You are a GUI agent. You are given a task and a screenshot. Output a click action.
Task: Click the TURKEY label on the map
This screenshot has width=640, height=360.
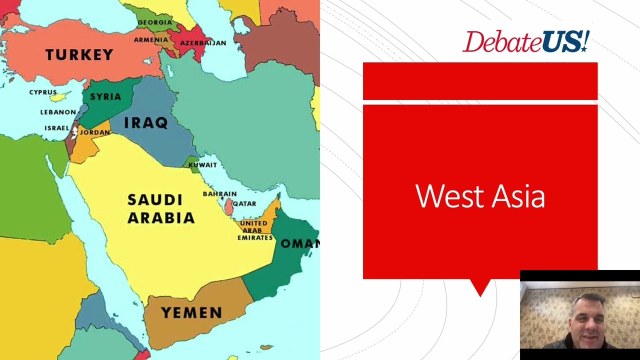click(79, 54)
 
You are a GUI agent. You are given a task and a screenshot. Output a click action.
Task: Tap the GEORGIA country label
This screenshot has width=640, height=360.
click(154, 22)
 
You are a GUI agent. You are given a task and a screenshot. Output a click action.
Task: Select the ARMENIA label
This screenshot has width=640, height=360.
click(150, 40)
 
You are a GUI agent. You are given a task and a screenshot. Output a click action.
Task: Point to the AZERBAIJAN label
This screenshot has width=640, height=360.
click(203, 43)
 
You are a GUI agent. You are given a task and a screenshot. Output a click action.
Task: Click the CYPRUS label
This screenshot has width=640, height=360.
click(42, 92)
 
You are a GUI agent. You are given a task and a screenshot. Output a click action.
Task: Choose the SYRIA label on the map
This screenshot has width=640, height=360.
click(105, 96)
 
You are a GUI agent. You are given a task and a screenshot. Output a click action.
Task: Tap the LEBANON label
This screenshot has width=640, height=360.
click(58, 112)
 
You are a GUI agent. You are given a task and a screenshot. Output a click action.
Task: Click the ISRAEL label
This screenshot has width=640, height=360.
click(56, 128)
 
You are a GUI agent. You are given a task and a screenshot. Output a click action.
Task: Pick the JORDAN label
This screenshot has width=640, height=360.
click(94, 132)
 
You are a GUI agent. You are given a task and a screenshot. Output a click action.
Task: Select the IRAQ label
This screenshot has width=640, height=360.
click(145, 122)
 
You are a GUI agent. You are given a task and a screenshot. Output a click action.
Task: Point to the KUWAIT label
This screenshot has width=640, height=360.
click(202, 165)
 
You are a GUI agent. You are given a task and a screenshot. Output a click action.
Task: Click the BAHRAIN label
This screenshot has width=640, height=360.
click(219, 194)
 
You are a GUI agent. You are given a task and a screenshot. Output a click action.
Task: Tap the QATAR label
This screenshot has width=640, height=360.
click(244, 204)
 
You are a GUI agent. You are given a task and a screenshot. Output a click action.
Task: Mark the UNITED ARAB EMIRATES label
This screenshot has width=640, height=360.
click(254, 230)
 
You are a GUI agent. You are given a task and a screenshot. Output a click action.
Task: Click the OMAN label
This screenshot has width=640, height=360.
click(299, 243)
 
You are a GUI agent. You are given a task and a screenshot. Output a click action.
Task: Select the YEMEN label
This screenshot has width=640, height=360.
click(191, 313)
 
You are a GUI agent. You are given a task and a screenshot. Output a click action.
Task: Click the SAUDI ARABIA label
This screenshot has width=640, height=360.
click(160, 209)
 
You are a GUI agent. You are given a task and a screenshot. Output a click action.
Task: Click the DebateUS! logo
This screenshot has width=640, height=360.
click(525, 41)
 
